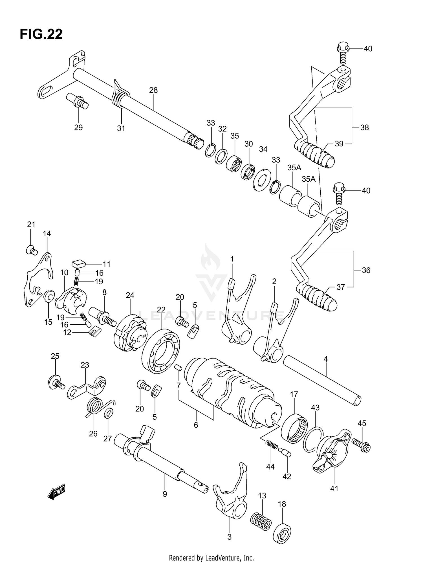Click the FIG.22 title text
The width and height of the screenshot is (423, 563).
coord(41,34)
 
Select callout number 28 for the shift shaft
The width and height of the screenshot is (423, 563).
coord(153,90)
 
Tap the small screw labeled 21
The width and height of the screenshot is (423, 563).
coord(32,250)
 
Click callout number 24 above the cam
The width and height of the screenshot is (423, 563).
coord(130,295)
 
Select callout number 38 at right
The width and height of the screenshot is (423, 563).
coord(365,127)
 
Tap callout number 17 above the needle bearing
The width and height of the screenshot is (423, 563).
coord(294,394)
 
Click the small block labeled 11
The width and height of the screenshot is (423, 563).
coord(78,265)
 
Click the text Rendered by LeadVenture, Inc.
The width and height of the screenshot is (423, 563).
coord(211,558)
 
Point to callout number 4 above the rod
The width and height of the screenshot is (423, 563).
coord(326,359)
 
